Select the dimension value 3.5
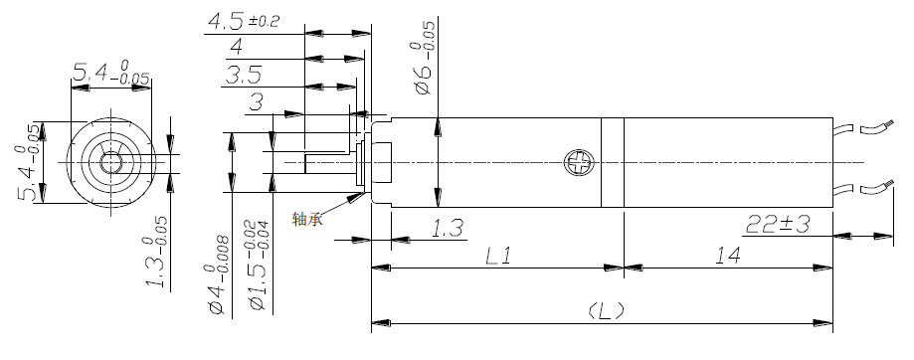243,75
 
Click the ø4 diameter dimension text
216,275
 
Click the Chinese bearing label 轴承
307,219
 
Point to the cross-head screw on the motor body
577,161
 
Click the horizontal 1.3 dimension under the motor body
447,229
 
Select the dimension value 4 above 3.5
236,48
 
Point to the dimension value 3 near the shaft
257,101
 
